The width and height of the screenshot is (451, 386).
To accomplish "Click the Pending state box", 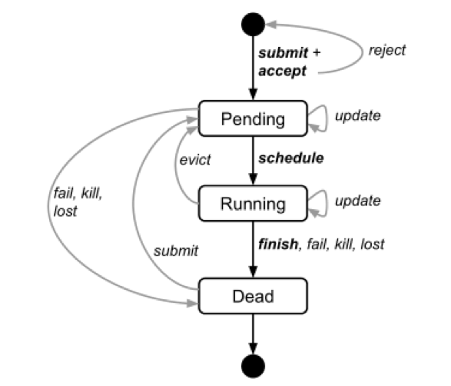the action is pos(253,118).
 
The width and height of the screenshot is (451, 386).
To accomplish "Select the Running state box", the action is pos(253,204).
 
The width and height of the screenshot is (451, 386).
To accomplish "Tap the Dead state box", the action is pos(253,296).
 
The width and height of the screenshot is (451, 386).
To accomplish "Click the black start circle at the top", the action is pos(253,24).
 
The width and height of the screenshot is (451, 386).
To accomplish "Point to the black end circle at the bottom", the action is pos(253,366).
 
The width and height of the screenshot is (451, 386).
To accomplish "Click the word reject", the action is pos(387,51).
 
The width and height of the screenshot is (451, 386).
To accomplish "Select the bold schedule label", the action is pos(291,158).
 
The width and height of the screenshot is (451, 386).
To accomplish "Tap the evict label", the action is pos(195,160).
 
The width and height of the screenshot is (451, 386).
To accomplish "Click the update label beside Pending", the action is pos(358,116).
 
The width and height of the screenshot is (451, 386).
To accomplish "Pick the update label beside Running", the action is pos(358,201).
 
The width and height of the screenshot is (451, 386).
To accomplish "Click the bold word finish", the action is pos(278,244).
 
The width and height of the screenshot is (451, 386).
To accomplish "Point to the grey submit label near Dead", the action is pos(176,251).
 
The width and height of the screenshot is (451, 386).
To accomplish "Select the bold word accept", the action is pos(282,71).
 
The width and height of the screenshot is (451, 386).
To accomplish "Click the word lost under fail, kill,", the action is pos(65,211).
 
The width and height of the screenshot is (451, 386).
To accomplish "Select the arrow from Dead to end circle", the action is pos(253,334).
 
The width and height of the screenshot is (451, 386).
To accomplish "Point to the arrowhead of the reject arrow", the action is pos(271,25).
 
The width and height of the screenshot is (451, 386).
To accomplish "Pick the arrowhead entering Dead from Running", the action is pos(253,272).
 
